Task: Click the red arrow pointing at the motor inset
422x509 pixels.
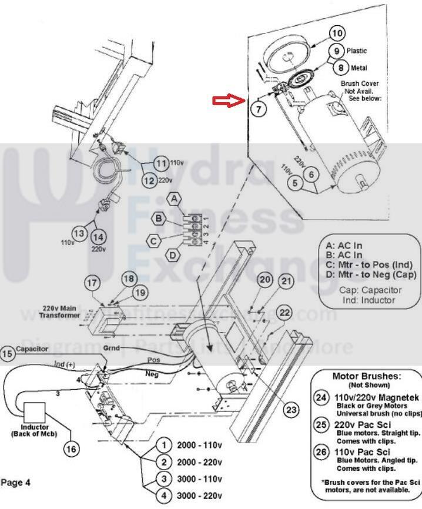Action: [228, 101]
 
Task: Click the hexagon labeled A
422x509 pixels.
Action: [176, 199]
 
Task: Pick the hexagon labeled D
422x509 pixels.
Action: [173, 255]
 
